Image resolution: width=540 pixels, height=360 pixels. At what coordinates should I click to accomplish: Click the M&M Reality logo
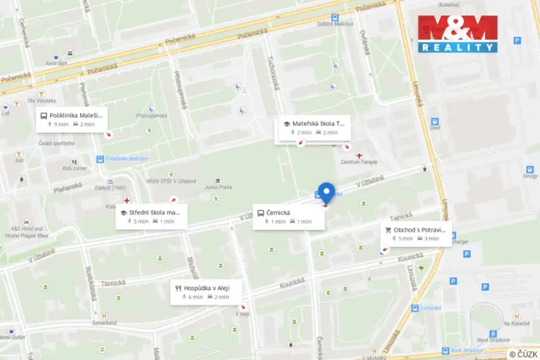tap(457, 34)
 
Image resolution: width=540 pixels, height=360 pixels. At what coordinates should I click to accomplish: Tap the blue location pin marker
tap(326, 193)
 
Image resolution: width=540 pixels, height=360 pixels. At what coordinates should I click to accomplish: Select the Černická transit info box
tap(288, 216)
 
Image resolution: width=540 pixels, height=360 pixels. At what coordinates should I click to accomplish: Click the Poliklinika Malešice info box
tap(70, 119)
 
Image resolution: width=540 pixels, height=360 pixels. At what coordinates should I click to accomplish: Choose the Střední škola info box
tap(152, 216)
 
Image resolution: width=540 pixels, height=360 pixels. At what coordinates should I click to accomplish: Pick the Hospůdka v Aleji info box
tap(206, 292)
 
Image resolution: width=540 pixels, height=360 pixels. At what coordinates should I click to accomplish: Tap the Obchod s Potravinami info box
tap(416, 233)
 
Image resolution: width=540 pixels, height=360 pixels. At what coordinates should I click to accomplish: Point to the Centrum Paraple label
tap(358, 163)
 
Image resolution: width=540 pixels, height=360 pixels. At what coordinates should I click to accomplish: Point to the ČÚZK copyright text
tap(523, 353)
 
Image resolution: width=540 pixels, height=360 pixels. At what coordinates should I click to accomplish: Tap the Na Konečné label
tap(516, 324)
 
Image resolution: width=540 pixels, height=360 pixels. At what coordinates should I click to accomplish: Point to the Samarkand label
tap(104, 322)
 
